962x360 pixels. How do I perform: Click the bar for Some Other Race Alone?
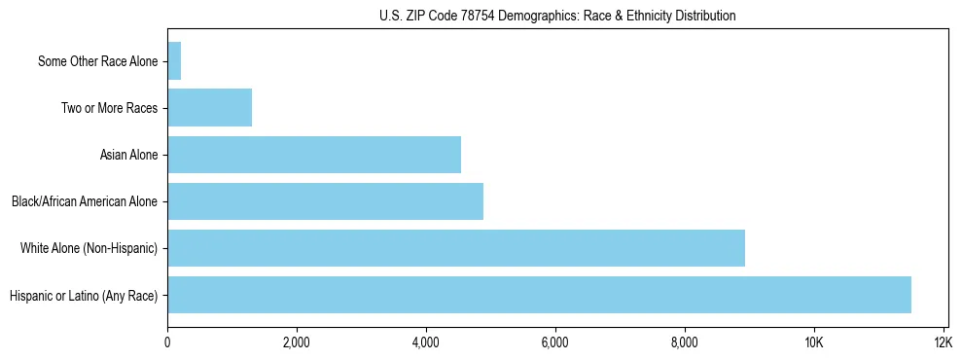(x=174, y=61)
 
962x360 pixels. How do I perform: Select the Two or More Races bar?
(x=209, y=108)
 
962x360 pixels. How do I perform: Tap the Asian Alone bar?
(x=314, y=155)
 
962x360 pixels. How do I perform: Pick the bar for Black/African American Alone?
(x=325, y=201)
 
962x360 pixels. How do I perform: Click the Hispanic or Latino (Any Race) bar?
(x=539, y=295)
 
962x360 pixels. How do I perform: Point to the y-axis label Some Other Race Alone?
(x=97, y=61)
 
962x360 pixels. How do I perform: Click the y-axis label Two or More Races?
(x=109, y=108)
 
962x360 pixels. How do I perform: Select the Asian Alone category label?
(x=128, y=155)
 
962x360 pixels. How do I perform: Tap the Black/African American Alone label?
(x=85, y=201)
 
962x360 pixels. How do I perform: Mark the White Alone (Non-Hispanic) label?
(x=89, y=248)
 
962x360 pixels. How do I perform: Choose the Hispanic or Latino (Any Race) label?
(x=84, y=295)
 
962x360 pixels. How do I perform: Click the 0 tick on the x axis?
(x=167, y=342)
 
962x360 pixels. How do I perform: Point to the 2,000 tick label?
(x=297, y=342)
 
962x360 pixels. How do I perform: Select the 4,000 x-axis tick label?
(x=426, y=342)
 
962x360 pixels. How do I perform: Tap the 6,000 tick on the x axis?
(x=555, y=342)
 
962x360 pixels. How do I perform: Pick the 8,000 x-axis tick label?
(x=685, y=342)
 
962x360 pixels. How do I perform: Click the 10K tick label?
(x=814, y=342)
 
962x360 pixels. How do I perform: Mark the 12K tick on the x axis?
(x=944, y=342)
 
